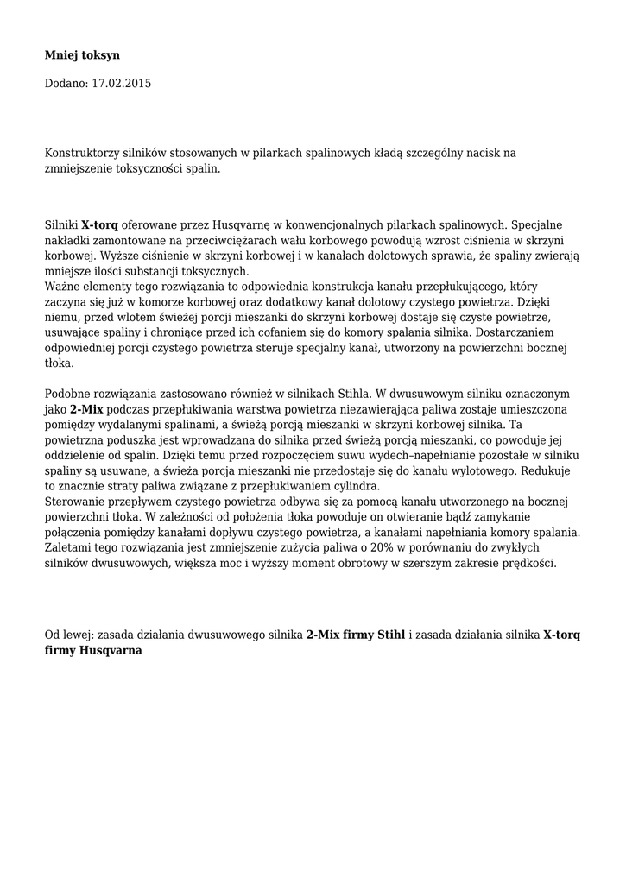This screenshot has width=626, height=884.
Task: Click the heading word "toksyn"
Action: coord(100,55)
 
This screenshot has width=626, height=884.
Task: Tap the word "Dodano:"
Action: coord(66,84)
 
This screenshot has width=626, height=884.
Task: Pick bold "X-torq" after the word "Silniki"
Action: coord(100,224)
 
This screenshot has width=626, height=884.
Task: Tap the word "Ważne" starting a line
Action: coord(62,286)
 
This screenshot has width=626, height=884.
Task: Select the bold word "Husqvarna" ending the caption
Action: coord(109,652)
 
